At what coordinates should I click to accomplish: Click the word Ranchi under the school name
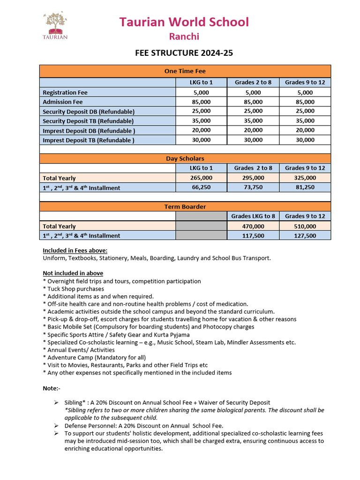coord(183,37)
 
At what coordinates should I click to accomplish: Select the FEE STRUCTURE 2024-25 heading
coord(184,53)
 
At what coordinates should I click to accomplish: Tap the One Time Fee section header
coord(185,71)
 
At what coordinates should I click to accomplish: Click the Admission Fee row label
coord(63,102)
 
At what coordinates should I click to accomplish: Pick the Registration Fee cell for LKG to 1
coord(201,92)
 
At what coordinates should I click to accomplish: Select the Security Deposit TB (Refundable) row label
coord(89,120)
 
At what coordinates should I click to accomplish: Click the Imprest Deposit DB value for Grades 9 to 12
coord(305,130)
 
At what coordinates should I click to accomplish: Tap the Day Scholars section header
coord(185,158)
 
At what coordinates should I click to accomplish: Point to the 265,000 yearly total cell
coord(201,178)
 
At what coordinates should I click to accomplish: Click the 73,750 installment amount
coord(253,187)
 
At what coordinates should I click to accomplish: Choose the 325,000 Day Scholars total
coord(305,178)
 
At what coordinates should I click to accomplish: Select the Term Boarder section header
coord(185,206)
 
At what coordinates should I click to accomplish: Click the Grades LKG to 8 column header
coord(253,216)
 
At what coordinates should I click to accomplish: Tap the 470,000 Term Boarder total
coord(253,226)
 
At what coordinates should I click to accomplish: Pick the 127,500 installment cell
coord(305,236)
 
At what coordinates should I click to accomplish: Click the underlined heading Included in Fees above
coord(75,250)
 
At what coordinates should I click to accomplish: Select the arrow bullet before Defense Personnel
coord(56,426)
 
